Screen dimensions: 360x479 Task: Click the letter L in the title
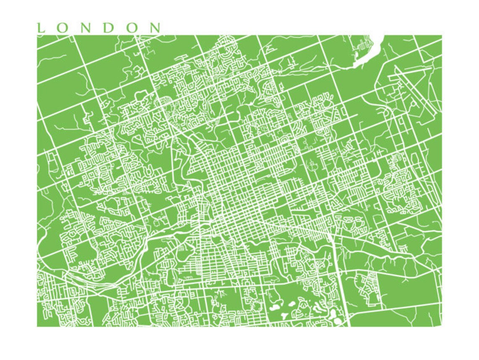tap(41, 28)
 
